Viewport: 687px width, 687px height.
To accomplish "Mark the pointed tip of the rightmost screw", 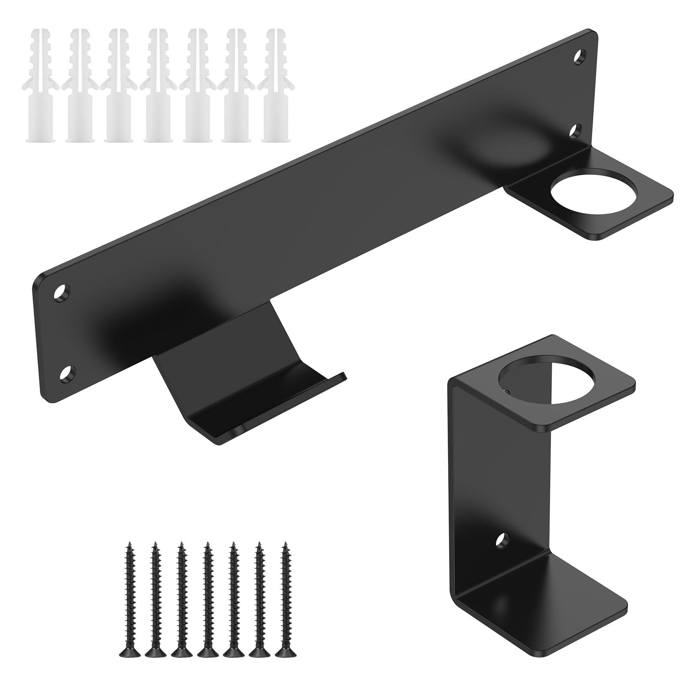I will click(283, 545).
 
